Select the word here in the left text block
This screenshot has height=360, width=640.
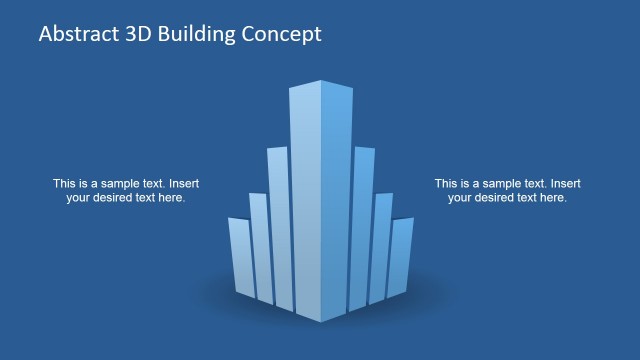click(x=172, y=198)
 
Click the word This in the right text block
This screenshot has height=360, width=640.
click(x=446, y=184)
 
